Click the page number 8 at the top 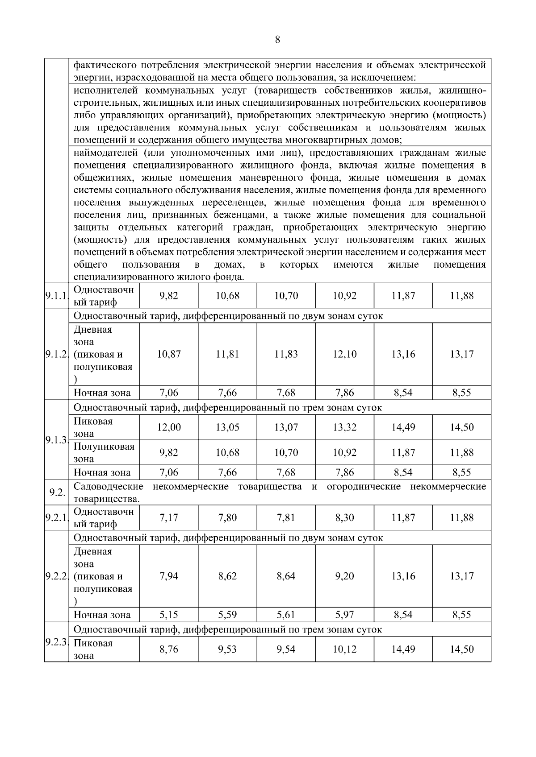point(277,40)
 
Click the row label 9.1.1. point(56,296)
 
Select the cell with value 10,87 point(169,354)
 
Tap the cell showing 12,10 point(344,354)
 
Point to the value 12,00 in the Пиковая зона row point(169,427)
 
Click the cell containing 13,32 point(344,427)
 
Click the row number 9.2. point(56,493)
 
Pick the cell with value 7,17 point(169,518)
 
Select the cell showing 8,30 point(344,518)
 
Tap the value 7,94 point(169,576)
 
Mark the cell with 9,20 point(344,576)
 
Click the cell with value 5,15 point(169,615)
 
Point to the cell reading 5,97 point(344,615)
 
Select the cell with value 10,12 point(344,649)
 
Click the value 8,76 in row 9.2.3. point(169,649)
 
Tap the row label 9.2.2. point(56,576)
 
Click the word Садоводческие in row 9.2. point(109,487)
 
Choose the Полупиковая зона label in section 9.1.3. point(104,453)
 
